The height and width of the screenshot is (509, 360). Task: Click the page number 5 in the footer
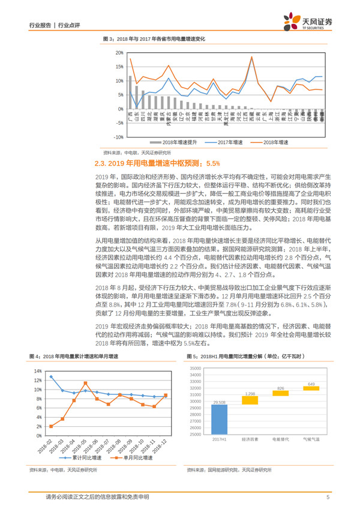pyautogui.click(x=328, y=497)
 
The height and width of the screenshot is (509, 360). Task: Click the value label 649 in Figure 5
pyautogui.click(x=311, y=384)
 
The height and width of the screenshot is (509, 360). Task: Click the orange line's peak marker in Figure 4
pyautogui.click(x=85, y=383)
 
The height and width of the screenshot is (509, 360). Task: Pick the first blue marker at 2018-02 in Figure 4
pyautogui.click(x=51, y=377)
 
